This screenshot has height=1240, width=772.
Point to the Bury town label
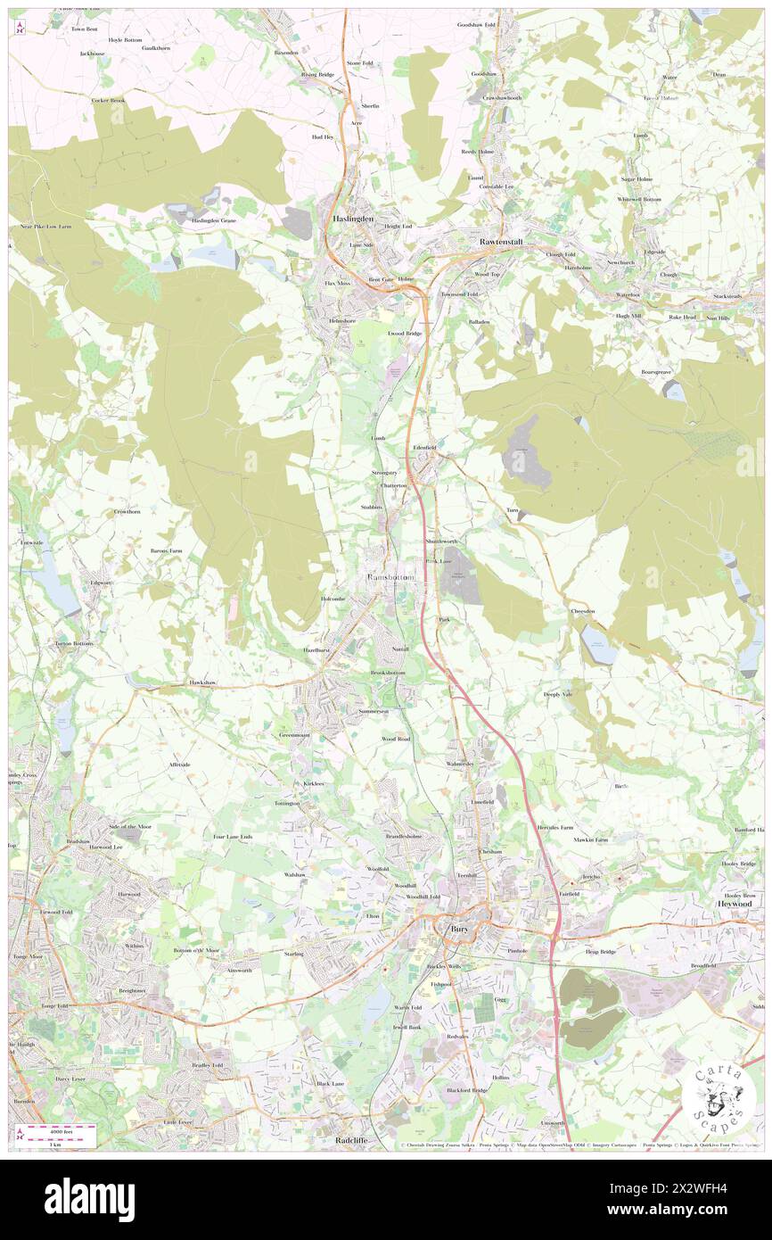459,929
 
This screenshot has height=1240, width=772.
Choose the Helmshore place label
341,320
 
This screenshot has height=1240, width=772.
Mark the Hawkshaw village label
203,682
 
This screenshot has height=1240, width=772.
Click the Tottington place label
288,804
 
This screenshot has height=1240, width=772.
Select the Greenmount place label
294,735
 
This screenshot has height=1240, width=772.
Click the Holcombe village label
333,599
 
